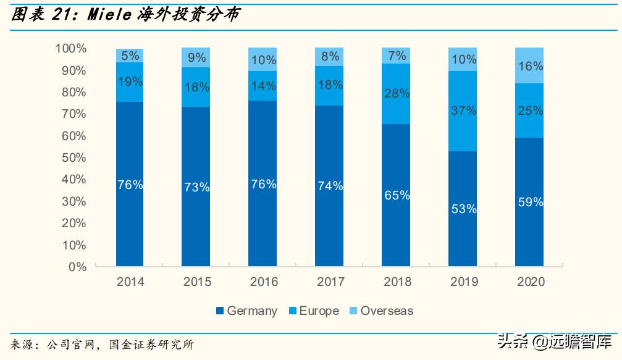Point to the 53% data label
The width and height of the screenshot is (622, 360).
tap(463, 209)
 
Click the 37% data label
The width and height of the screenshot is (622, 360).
tap(463, 111)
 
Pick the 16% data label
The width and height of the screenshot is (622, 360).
tap(530, 66)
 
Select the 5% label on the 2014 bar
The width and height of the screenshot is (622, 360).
tap(130, 56)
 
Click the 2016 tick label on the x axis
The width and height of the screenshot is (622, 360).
tap(263, 282)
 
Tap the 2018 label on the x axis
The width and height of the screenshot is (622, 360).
tap(397, 282)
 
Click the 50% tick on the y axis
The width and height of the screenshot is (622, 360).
tap(74, 157)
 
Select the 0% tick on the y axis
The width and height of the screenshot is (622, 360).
tap(78, 267)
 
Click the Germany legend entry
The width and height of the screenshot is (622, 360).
tap(246, 311)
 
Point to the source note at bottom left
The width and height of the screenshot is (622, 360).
tap(102, 344)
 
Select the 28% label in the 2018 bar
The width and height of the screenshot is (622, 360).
tap(397, 93)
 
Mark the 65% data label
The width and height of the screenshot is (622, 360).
tap(397, 195)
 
